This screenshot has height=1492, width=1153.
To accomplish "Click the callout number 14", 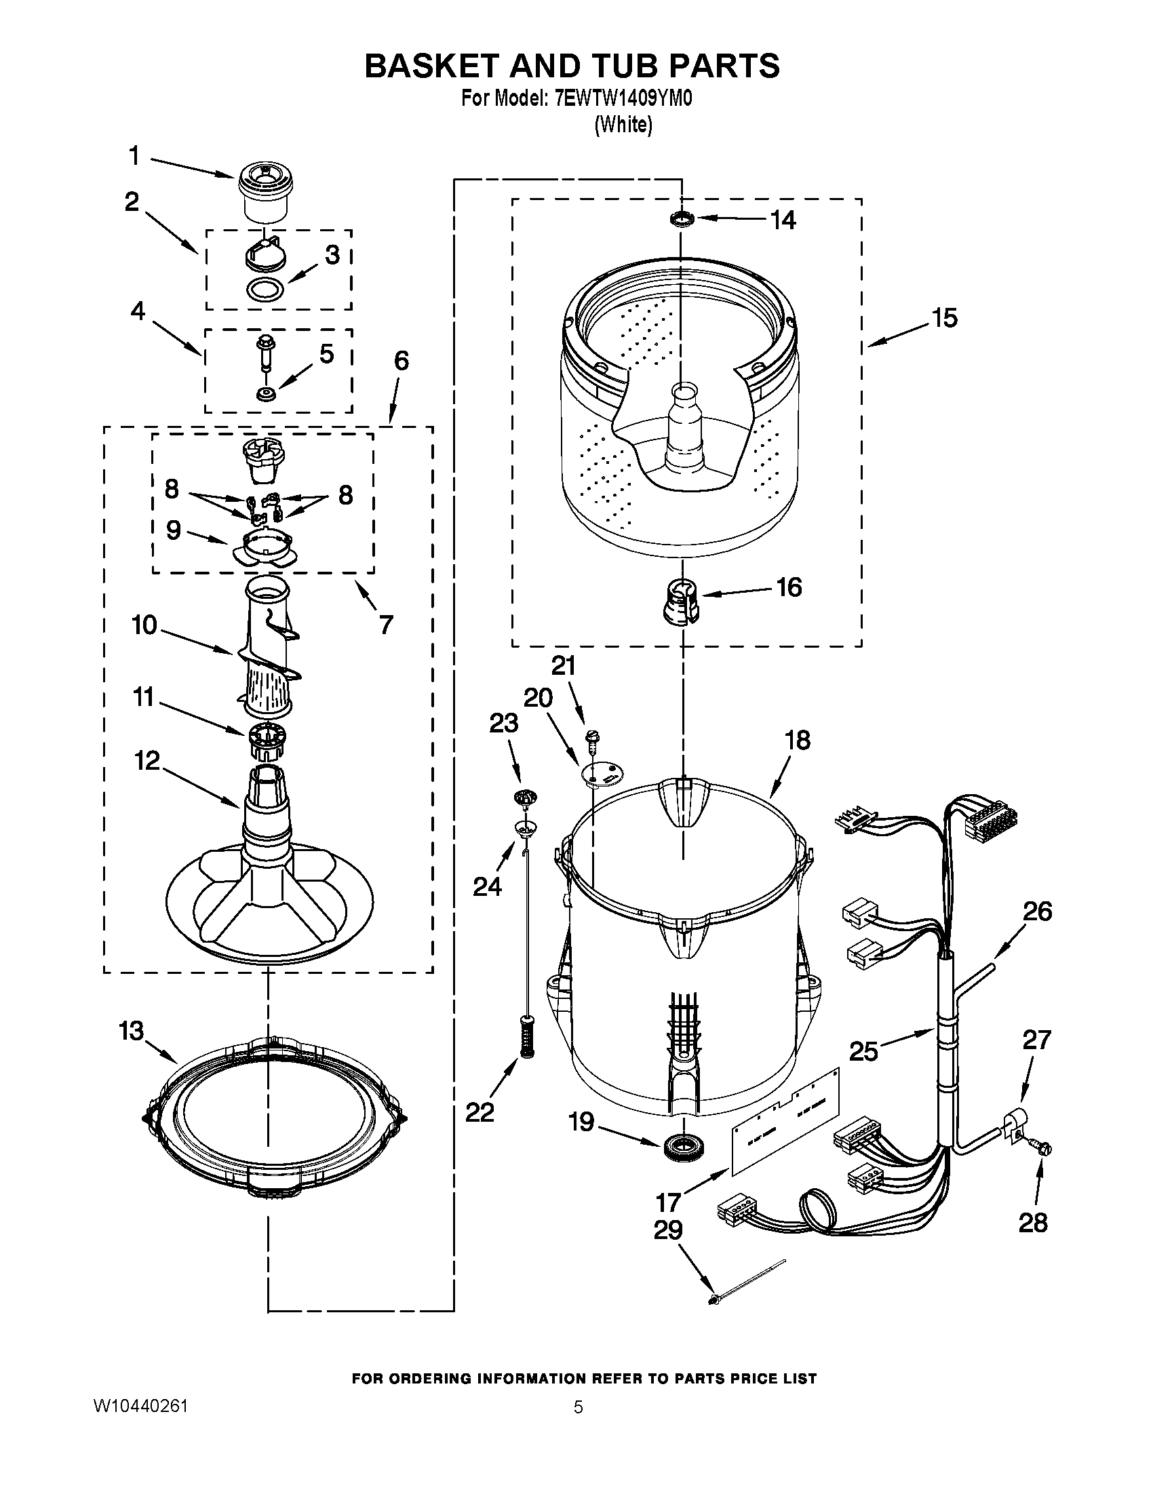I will tap(783, 220).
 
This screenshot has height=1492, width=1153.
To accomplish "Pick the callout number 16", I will tap(789, 587).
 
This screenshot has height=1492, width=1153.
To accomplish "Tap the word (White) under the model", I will tap(623, 125).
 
